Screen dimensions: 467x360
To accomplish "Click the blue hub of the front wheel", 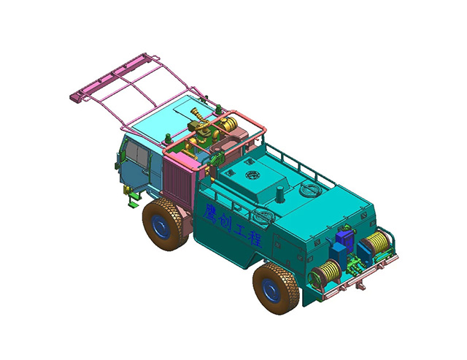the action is coord(161,227).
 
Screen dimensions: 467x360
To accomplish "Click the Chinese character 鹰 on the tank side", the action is coord(211,212).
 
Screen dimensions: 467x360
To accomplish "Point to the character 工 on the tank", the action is coord(240,231).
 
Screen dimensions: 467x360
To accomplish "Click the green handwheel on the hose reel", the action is coord(314,279).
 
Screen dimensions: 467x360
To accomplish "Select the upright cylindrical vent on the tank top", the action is coord(279,194).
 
